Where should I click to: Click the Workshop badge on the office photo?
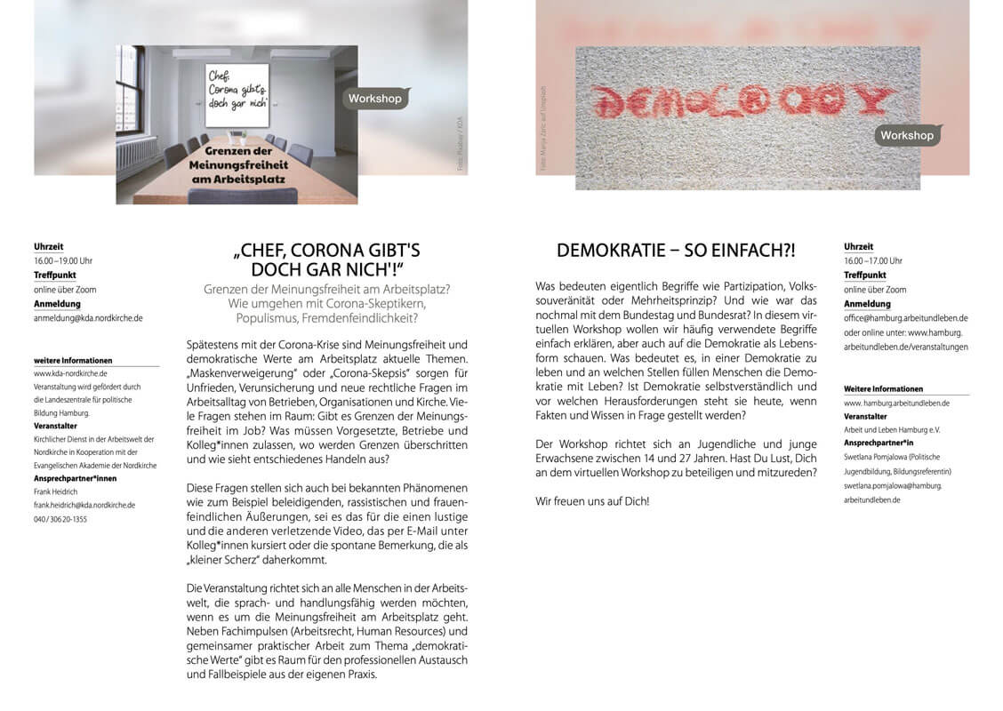(374, 99)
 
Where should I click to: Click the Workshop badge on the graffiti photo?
(907, 135)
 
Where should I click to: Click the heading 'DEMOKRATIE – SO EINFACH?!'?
(676, 251)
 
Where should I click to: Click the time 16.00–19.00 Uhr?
(62, 261)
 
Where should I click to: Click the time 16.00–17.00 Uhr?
(872, 261)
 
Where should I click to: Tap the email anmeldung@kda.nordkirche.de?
(88, 317)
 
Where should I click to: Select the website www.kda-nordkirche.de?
(70, 374)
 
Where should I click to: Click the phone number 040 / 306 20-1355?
(60, 518)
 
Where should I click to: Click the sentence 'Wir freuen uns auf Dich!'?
(592, 501)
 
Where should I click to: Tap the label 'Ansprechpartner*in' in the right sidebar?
(879, 443)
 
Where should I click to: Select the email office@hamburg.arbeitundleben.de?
(905, 317)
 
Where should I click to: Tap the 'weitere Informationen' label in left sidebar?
(73, 360)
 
